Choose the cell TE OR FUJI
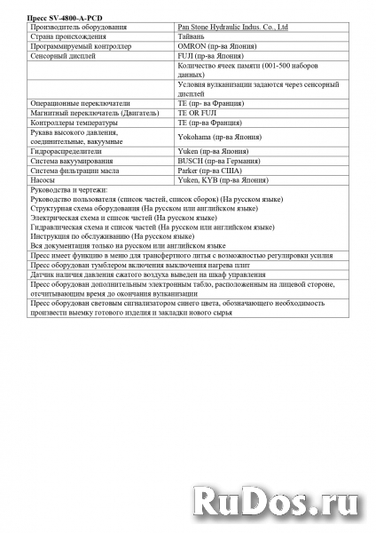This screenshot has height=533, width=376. pos(198,112)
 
